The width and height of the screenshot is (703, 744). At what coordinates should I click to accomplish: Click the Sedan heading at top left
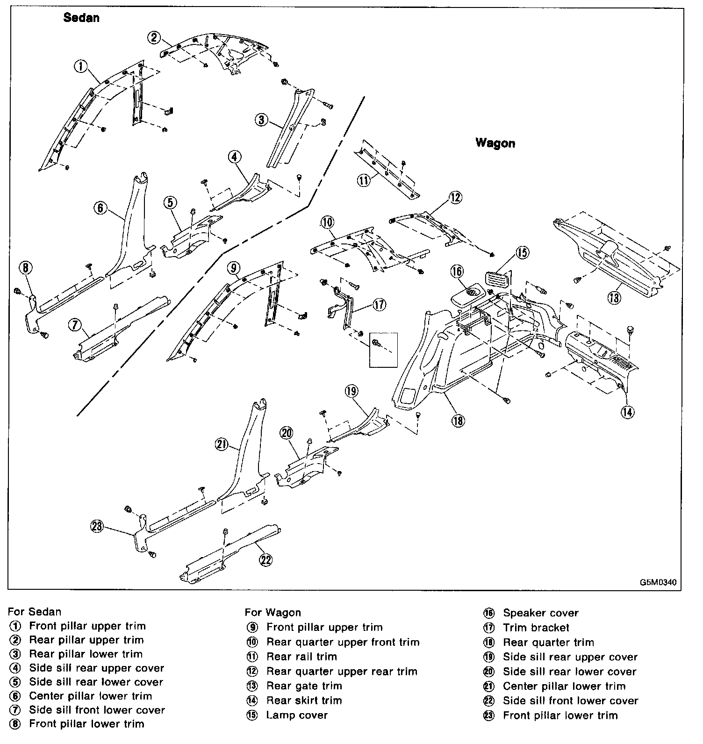coord(81,18)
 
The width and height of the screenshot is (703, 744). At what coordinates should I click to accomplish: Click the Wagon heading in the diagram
coord(495,143)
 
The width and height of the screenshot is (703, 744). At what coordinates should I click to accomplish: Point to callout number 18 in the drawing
coord(458,421)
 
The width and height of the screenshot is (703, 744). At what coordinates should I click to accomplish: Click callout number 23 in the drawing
coord(97,526)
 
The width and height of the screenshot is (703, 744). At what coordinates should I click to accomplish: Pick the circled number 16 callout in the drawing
coord(457,271)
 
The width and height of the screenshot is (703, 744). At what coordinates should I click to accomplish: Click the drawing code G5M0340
coord(658,582)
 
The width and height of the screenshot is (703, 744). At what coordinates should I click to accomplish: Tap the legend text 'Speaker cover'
coord(540,613)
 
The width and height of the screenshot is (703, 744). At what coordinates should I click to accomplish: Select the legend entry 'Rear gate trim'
coord(304,686)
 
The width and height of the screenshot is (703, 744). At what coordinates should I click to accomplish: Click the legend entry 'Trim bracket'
coord(536,628)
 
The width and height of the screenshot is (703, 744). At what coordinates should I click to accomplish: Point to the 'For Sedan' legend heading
coord(34,611)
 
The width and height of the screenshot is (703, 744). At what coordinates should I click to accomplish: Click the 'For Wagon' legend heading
coord(273,612)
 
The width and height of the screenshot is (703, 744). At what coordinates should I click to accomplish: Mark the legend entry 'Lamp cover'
coord(297,715)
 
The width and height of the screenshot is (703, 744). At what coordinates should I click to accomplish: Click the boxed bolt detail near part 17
coord(383,350)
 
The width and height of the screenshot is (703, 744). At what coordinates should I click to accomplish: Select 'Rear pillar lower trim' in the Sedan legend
coord(86,654)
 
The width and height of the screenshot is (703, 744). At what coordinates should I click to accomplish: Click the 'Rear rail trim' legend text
coord(301,656)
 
